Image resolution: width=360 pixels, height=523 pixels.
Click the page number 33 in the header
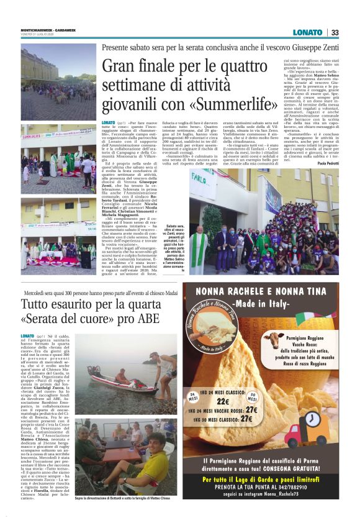point(335,32)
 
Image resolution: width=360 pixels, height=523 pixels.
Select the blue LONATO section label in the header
point(308,32)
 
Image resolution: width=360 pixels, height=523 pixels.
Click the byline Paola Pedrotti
point(326,163)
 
